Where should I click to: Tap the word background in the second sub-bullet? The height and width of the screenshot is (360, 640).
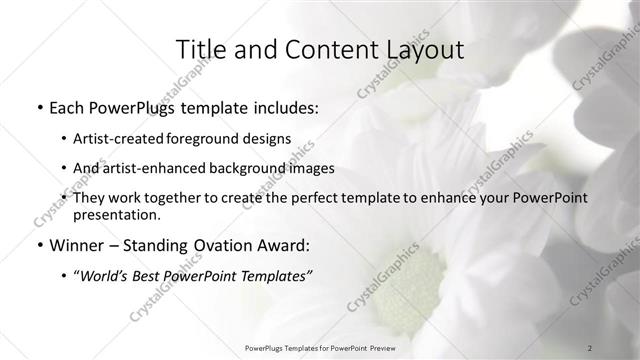tap(262, 168)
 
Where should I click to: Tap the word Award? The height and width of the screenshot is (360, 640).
tap(281, 245)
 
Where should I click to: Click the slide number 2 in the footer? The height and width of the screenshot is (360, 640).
tap(590, 346)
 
